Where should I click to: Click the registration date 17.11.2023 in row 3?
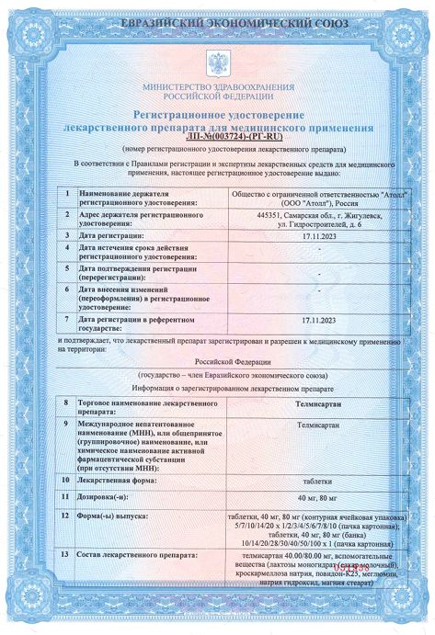[319, 235]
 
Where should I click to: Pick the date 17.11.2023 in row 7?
[319, 319]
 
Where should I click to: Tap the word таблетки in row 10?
[319, 479]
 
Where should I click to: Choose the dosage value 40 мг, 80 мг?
[319, 497]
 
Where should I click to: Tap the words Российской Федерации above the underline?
[217, 362]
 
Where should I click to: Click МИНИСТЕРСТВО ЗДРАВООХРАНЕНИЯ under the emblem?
[217, 86]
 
